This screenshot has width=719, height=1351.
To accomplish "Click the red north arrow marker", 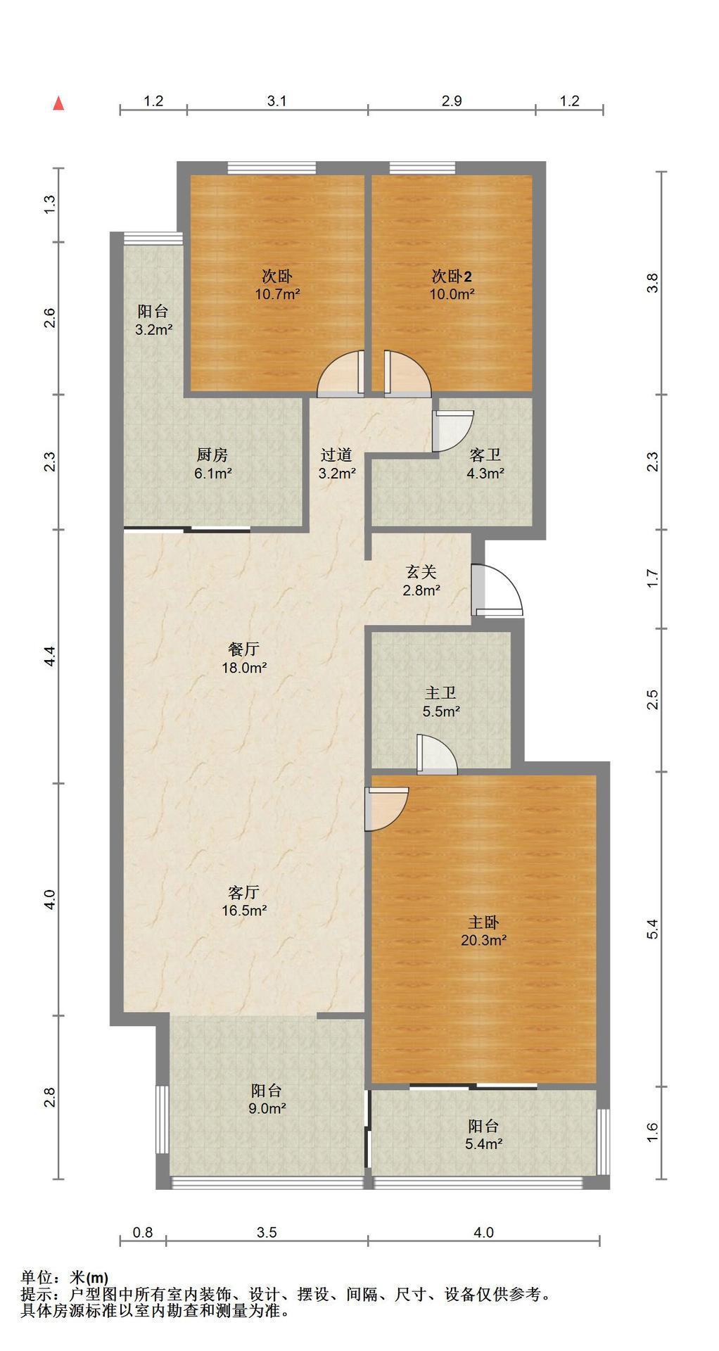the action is click(59, 103).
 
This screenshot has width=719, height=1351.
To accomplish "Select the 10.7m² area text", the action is click(277, 294).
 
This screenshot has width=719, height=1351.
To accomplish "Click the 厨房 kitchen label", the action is click(212, 455).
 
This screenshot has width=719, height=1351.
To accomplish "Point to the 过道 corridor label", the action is click(336, 455).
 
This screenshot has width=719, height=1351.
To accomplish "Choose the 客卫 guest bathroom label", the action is click(485, 455).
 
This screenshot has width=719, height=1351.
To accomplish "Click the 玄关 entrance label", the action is click(421, 572).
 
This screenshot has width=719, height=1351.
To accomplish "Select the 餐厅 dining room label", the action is click(244, 649).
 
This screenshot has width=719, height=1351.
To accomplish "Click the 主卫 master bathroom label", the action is click(440, 694).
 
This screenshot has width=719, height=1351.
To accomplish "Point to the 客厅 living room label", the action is click(244, 893).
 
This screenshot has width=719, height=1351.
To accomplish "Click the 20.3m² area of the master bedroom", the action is click(485, 939).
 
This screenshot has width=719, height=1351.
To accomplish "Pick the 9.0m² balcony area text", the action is click(267, 1108).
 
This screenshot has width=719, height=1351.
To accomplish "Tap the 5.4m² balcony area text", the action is click(483, 1143).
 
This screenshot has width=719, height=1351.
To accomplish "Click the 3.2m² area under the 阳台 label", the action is click(153, 329).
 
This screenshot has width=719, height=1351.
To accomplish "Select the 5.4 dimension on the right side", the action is click(653, 929).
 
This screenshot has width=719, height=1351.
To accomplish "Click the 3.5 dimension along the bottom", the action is click(267, 1232).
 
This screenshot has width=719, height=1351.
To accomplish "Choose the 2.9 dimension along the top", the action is click(452, 101).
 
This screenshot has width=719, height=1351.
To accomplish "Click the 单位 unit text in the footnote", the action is click(37, 1277).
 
